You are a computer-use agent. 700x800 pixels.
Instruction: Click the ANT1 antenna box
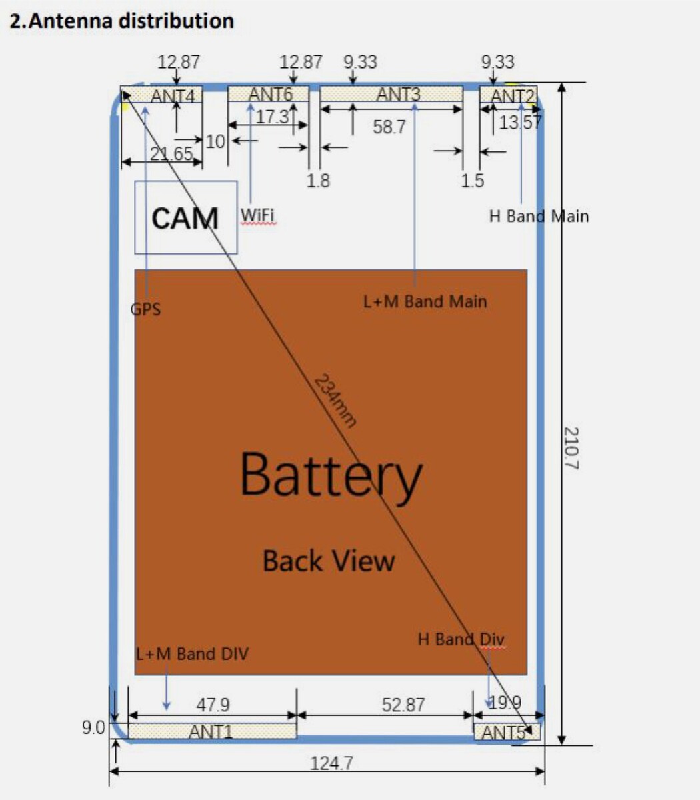211,731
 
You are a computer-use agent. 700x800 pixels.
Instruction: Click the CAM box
185,217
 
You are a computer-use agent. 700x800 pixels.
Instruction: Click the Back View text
329,561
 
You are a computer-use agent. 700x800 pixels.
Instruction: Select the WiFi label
257,215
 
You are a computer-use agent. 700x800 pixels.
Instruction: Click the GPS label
146,309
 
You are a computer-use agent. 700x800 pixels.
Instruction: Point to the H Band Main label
539,216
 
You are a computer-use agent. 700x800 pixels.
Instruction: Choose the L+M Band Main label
425,301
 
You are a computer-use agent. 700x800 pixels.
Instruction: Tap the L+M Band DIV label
192,653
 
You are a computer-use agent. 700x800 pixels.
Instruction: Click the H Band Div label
461,639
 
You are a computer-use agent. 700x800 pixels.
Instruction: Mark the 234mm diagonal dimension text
335,400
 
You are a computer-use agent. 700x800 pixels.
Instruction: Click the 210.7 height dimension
571,448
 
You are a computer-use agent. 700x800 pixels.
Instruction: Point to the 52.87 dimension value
404,705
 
